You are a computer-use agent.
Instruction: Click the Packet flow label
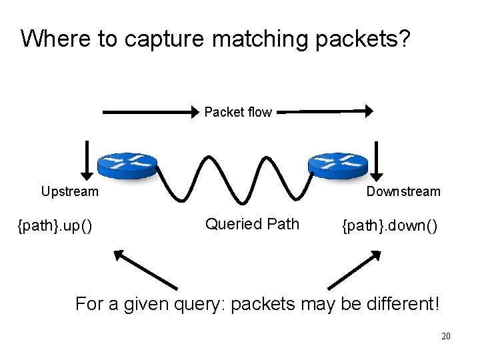238,112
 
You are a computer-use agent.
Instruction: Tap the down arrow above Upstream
86,157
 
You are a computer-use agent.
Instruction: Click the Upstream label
69,192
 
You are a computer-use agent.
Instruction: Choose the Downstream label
403,192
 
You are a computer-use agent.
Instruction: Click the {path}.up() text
55,227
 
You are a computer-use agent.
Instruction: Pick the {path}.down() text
389,227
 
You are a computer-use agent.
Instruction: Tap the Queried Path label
252,224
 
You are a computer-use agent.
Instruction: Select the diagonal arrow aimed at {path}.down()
353,269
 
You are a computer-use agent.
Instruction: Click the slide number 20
446,337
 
